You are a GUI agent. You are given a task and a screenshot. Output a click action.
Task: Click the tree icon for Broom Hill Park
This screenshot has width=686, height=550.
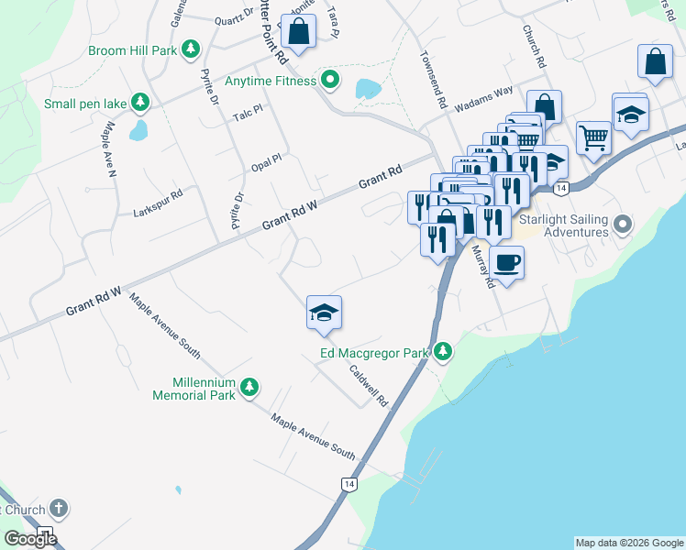[191, 49]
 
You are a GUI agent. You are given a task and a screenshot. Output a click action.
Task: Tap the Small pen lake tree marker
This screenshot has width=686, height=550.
[139, 102]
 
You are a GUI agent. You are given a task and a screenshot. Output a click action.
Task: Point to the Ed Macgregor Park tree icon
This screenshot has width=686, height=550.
[444, 352]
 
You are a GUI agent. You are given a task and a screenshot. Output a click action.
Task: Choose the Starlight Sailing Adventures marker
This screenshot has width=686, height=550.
[624, 224]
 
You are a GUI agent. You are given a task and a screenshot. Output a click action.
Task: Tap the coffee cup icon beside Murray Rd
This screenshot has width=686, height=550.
[507, 263]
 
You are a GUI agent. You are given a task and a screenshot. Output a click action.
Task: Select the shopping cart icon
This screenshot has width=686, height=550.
[593, 137]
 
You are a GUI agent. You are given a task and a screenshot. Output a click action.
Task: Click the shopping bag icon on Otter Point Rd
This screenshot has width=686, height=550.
[299, 31]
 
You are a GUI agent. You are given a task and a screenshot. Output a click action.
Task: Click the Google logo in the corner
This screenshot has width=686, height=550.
[30, 538]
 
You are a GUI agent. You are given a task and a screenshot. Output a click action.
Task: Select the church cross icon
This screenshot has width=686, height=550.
[58, 508]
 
